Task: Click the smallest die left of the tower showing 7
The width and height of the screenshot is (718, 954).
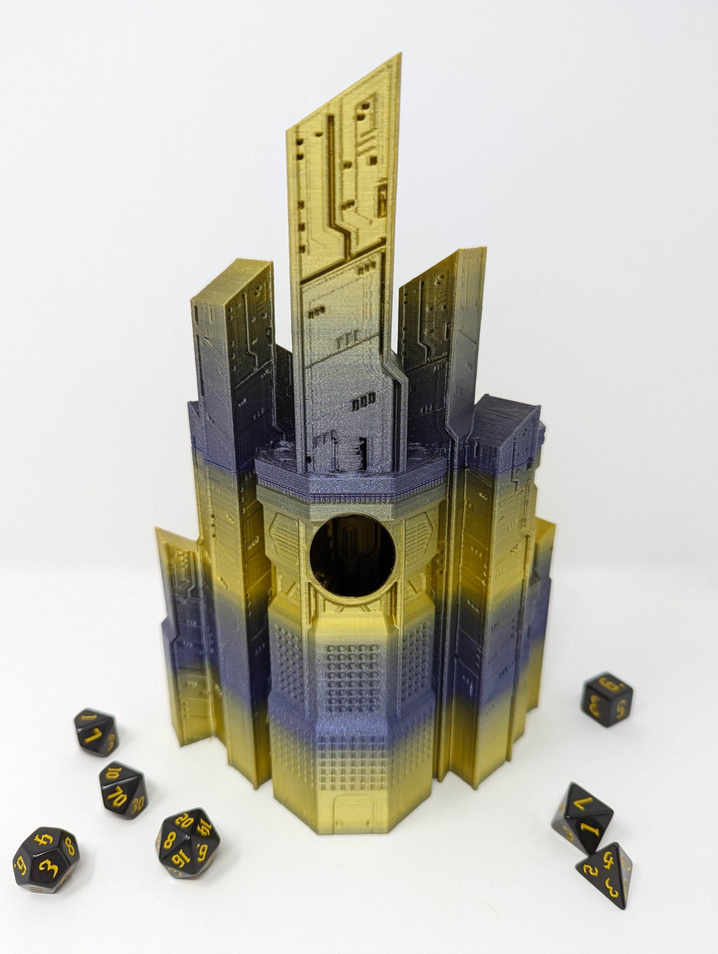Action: pos(96,732)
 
